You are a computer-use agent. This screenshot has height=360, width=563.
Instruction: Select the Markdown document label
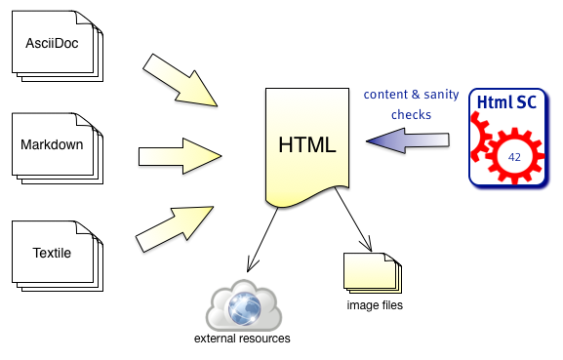coord(52,145)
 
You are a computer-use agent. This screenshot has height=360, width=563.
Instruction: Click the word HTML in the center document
coord(307,145)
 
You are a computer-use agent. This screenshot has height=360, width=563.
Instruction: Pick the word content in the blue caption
coord(385,95)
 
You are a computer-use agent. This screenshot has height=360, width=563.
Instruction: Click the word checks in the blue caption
coord(411,115)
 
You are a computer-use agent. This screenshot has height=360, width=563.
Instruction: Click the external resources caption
coord(241,340)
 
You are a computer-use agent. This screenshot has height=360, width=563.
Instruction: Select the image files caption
coord(375,305)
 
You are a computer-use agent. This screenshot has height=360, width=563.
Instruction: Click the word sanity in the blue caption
coord(441,95)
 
